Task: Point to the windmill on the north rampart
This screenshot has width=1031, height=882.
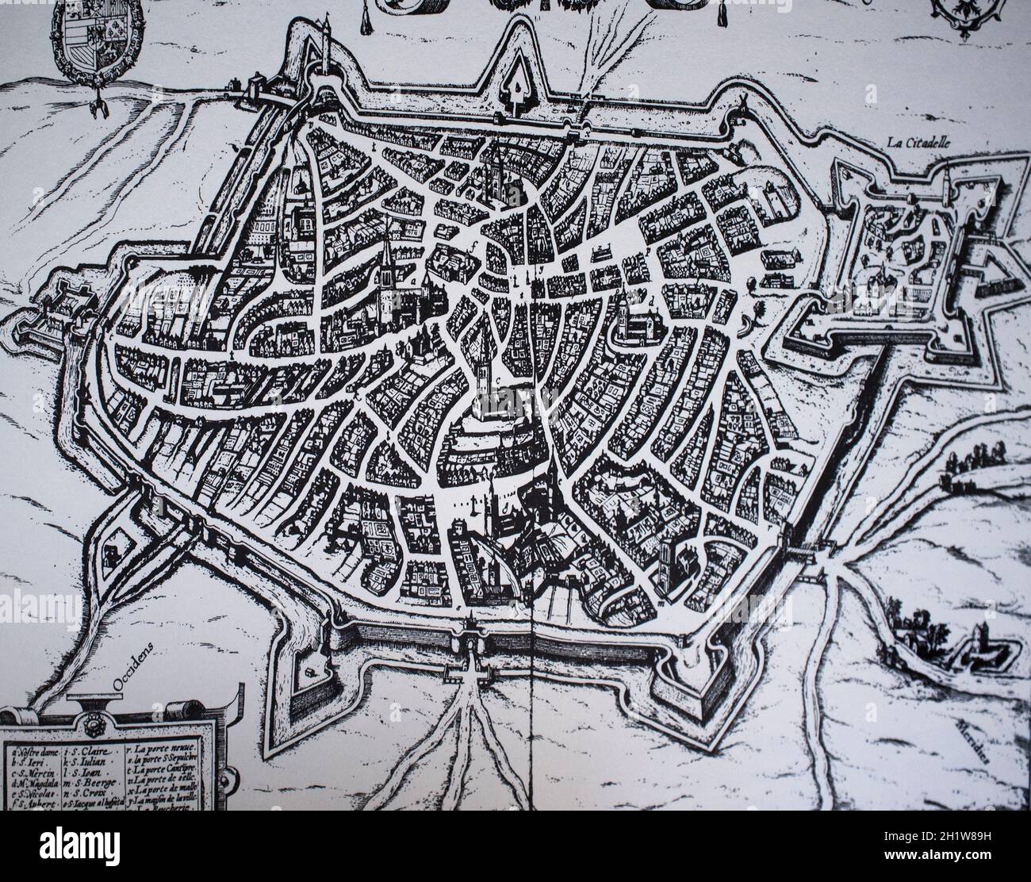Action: point(743,103)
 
